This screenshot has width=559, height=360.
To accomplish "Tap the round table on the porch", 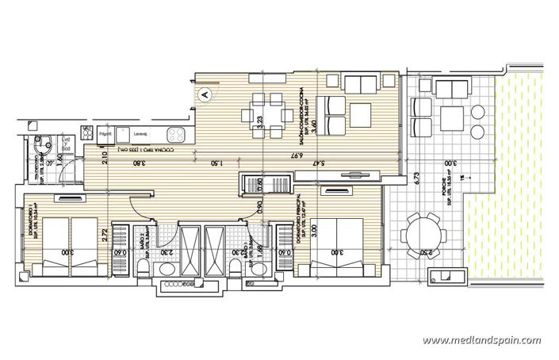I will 423,235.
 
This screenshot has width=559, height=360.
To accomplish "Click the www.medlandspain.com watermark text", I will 481,341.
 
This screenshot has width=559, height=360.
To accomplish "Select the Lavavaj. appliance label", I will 144,135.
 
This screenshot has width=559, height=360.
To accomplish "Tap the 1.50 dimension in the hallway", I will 214,163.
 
